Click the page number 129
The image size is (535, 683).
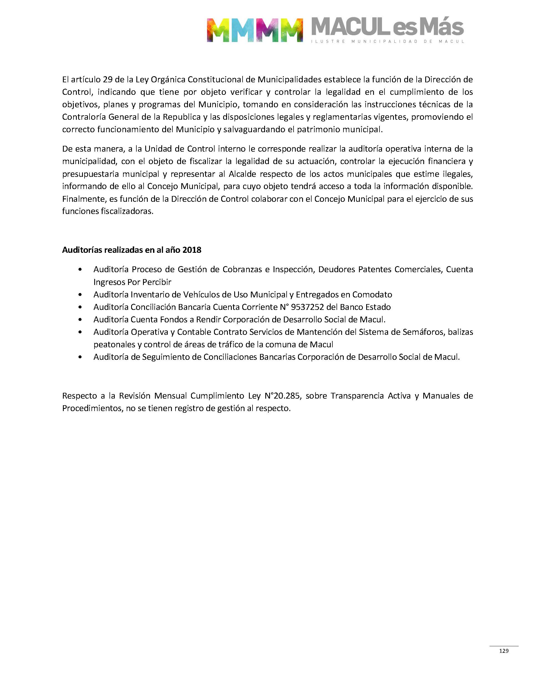click(504, 651)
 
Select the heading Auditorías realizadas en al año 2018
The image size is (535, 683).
click(132, 250)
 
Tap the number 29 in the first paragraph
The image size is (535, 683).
click(108, 80)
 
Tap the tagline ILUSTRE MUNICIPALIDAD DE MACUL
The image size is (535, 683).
click(387, 41)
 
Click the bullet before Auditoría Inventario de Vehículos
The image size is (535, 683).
click(81, 295)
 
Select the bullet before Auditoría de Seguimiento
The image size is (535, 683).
click(81, 357)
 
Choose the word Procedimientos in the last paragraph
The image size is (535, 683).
click(92, 408)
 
